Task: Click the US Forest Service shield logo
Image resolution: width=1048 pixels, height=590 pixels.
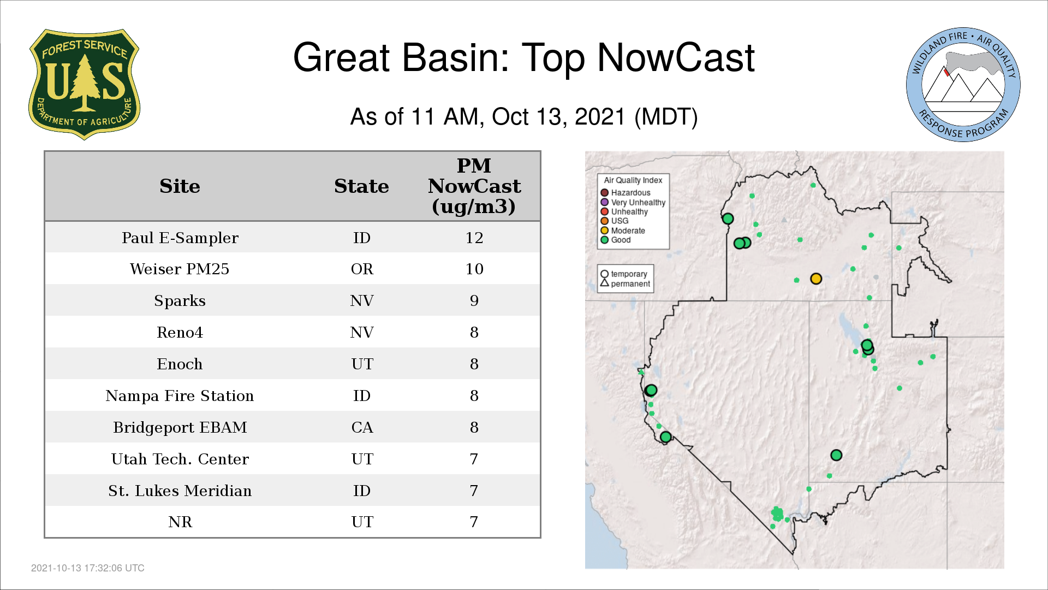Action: [84, 85]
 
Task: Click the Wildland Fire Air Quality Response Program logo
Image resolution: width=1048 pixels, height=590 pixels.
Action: [963, 85]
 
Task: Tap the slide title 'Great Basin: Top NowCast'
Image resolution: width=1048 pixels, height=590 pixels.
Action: [524, 57]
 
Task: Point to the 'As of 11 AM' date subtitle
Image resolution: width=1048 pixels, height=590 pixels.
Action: [524, 116]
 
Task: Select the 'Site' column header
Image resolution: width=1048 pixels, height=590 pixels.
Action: [180, 186]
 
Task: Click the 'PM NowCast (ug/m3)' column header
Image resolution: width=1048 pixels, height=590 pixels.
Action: [474, 186]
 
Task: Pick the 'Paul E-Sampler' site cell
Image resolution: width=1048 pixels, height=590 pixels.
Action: [180, 238]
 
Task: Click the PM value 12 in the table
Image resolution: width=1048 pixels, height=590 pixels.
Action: [474, 238]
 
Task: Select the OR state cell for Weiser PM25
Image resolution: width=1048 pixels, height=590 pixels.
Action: [362, 269]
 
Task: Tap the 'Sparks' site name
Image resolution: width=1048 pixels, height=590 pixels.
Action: [180, 301]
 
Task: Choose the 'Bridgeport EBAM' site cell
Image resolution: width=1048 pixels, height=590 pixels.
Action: [180, 427]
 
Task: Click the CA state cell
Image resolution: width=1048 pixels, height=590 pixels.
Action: [362, 427]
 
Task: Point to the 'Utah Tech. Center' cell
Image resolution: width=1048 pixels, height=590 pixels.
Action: [180, 459]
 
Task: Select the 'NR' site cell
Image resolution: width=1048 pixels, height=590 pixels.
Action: [180, 522]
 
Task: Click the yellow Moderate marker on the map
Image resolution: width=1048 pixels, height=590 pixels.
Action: [816, 279]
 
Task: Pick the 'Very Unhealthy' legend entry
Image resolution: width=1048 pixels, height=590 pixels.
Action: [633, 202]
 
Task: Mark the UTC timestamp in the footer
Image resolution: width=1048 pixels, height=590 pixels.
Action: [88, 568]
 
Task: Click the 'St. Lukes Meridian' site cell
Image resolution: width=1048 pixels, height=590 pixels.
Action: [180, 491]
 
